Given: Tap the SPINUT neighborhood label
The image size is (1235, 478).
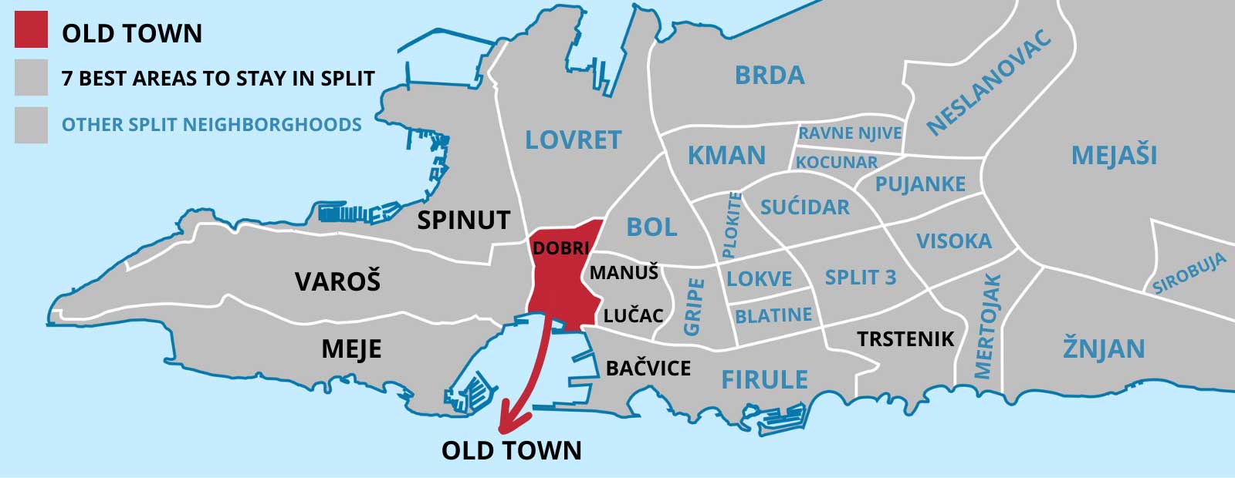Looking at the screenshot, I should tap(463, 220).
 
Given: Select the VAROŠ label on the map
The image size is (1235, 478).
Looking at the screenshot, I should tap(337, 281).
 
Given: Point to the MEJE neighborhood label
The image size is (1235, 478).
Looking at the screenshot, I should tap(351, 349).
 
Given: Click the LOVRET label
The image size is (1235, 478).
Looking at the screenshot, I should tap(573, 140).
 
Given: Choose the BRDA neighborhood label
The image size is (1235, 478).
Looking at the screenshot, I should tap(769, 75).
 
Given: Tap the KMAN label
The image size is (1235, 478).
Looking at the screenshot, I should tap(726, 156).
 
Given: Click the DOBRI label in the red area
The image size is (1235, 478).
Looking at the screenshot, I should tap(560, 248).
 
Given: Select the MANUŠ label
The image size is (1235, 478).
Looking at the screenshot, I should tap(624, 272).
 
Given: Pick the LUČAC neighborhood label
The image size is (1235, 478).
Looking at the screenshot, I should tap(633, 315).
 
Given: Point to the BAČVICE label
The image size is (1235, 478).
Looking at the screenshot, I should tap(648, 368).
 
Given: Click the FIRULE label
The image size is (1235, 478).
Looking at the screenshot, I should tap(764, 379).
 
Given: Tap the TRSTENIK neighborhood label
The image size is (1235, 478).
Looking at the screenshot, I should tap(905, 338).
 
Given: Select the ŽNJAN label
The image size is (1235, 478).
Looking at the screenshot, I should tap(1103, 348).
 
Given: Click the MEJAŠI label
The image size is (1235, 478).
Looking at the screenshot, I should tap(1114, 156).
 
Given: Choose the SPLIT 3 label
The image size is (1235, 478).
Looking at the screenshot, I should tap(860, 277).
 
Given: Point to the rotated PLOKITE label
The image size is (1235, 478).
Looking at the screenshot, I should tap(732, 225).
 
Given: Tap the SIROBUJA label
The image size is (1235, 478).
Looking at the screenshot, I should tap(1189, 274).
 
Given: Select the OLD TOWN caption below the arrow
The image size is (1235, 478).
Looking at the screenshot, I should tap(511, 450).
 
